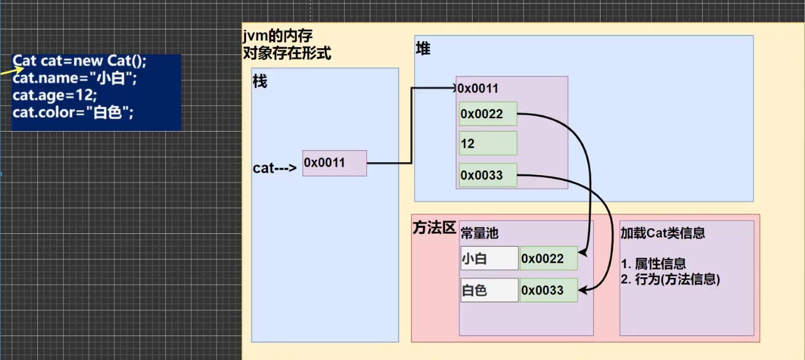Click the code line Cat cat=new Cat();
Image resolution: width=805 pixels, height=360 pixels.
pyautogui.click(x=80, y=61)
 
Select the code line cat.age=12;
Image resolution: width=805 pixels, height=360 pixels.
pyautogui.click(x=54, y=96)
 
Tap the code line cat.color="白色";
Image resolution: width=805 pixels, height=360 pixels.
pyautogui.click(x=73, y=113)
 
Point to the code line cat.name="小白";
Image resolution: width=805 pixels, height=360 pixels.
pyautogui.click(x=75, y=78)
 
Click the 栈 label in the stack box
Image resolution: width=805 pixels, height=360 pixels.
pyautogui.click(x=260, y=81)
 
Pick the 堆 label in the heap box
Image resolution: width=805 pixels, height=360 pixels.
pyautogui.click(x=423, y=48)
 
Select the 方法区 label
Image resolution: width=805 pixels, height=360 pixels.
pyautogui.click(x=434, y=228)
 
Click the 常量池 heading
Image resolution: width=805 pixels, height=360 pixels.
pyautogui.click(x=479, y=233)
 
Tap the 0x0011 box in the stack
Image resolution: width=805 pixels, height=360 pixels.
pyautogui.click(x=335, y=163)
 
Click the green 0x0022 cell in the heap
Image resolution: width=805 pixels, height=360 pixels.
pyautogui.click(x=488, y=114)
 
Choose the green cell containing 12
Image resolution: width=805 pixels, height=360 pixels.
pyautogui.click(x=488, y=143)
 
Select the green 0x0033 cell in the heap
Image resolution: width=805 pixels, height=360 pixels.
pyautogui.click(x=488, y=175)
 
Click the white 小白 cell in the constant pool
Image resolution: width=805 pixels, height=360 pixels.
pyautogui.click(x=490, y=258)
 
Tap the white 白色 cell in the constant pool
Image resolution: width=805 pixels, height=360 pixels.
pyautogui.click(x=490, y=290)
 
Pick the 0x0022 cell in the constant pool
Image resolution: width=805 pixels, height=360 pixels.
pyautogui.click(x=549, y=258)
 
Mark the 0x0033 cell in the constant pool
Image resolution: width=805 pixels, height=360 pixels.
pyautogui.click(x=549, y=290)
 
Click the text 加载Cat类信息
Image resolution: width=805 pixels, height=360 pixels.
pyautogui.click(x=663, y=233)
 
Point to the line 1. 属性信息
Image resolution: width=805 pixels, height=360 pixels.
pyautogui.click(x=653, y=264)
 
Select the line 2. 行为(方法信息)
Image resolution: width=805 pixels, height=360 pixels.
pyautogui.click(x=670, y=279)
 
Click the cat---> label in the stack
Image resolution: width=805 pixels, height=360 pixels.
pyautogui.click(x=275, y=168)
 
